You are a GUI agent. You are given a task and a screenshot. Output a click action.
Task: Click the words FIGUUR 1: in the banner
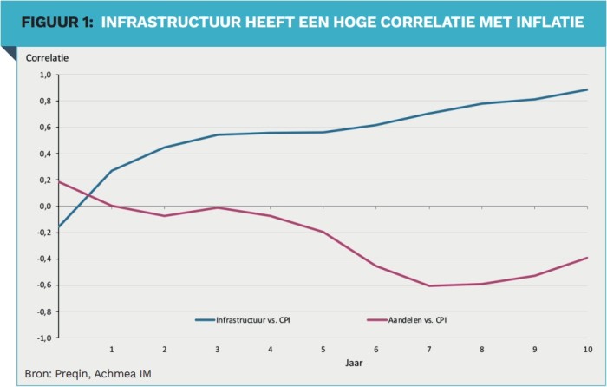point(57,22)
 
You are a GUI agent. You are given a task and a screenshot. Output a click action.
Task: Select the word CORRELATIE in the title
point(428,22)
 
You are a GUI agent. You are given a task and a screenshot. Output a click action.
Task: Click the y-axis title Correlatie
point(47,58)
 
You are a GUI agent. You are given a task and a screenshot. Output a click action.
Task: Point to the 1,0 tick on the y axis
point(45,75)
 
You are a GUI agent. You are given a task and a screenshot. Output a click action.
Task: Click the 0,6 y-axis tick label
point(45,128)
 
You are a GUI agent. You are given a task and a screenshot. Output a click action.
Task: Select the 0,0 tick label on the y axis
point(45,207)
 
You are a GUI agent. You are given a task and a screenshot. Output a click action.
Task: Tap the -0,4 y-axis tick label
point(43,259)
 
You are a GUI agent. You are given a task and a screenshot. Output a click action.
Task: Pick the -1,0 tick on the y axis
point(43,338)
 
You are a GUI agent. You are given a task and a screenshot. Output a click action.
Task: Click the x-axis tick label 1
point(112,350)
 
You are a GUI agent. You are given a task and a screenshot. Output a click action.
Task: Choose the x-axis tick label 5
point(323,350)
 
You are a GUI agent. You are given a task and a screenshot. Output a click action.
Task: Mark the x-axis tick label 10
point(588,350)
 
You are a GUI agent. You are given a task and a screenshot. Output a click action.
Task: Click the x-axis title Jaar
point(354,363)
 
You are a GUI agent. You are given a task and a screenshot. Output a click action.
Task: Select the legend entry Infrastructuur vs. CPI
point(243,320)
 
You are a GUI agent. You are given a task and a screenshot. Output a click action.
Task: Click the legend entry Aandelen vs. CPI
point(407,320)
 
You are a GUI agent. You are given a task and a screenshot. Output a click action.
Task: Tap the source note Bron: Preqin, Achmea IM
point(88,374)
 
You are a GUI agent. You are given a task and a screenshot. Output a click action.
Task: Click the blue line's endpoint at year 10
point(587,89)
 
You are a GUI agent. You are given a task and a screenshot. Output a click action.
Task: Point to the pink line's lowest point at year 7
point(429,285)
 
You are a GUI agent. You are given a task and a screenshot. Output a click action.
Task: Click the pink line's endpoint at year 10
point(587,258)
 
